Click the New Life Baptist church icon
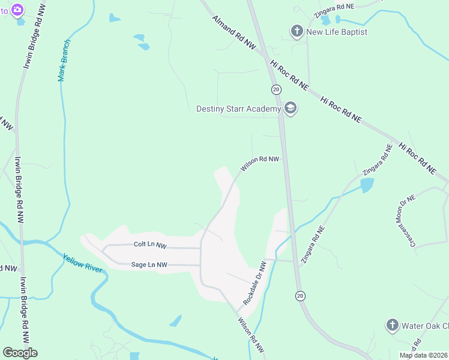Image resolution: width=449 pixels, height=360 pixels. pyautogui.click(x=296, y=31)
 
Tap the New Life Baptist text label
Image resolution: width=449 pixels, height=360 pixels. pyautogui.click(x=337, y=32)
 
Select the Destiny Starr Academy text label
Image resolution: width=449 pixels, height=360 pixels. pyautogui.click(x=238, y=109)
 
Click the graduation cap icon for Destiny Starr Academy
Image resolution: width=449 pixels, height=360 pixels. pyautogui.click(x=291, y=109)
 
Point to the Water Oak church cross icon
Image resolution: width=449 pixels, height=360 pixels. pyautogui.click(x=392, y=325)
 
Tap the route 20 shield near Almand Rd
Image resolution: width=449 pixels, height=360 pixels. pyautogui.click(x=276, y=89)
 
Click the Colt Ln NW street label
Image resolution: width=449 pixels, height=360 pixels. pyautogui.click(x=149, y=245)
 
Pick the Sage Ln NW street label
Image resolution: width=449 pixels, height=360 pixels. pyautogui.click(x=149, y=264)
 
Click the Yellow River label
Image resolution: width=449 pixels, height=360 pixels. pyautogui.click(x=83, y=263)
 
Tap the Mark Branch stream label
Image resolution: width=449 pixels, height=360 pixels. pyautogui.click(x=64, y=61)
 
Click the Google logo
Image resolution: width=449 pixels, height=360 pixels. pyautogui.click(x=20, y=353)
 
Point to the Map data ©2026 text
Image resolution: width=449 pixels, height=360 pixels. pyautogui.click(x=423, y=355)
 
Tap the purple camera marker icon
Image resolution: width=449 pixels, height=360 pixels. pyautogui.click(x=16, y=10)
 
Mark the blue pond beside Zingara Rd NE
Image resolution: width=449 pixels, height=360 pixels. pyautogui.click(x=367, y=185)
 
